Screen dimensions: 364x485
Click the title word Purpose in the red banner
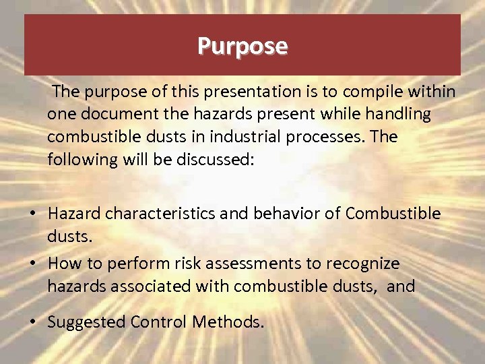(x=243, y=46)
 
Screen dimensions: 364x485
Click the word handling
(x=397, y=114)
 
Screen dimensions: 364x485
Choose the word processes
(x=318, y=137)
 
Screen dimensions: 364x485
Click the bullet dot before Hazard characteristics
(x=32, y=214)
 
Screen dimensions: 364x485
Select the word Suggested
(x=86, y=322)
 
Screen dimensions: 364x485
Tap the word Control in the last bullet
(x=159, y=322)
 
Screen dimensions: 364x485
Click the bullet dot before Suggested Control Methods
(x=32, y=322)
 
